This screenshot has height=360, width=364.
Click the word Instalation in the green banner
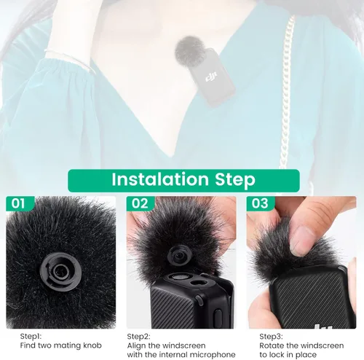pyautogui.click(x=160, y=179)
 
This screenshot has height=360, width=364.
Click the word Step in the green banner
pyautogui.click(x=235, y=180)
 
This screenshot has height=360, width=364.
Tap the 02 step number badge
pyautogui.click(x=140, y=203)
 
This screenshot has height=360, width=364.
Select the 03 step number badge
pyautogui.click(x=260, y=203)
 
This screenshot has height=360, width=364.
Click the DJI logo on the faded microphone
pyautogui.click(x=211, y=77)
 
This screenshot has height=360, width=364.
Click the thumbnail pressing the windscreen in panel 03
pyautogui.click(x=301, y=241)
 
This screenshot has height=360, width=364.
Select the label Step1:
pyautogui.click(x=31, y=337)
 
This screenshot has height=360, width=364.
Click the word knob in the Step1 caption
pyautogui.click(x=92, y=345)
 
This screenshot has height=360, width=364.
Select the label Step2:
pyautogui.click(x=138, y=337)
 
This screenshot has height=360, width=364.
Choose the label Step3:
pyautogui.click(x=271, y=337)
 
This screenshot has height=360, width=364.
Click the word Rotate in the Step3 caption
pyautogui.click(x=272, y=345)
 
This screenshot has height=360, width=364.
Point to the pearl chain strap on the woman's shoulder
pyautogui.click(x=286, y=95)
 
